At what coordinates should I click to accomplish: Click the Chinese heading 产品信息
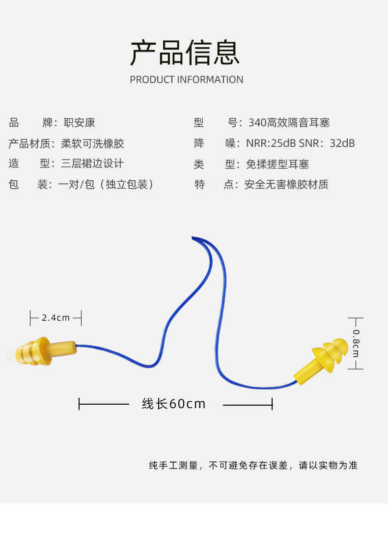click(x=185, y=53)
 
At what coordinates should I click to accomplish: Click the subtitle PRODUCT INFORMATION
click(x=186, y=80)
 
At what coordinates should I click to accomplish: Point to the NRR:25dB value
click(x=271, y=143)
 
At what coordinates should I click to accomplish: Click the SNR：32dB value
click(x=327, y=143)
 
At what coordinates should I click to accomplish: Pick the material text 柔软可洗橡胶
click(x=92, y=143)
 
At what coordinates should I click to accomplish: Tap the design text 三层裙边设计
click(x=92, y=164)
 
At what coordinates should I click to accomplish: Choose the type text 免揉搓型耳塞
click(x=277, y=164)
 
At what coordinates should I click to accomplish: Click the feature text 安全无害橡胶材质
click(x=286, y=185)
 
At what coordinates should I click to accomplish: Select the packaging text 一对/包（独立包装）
click(x=106, y=185)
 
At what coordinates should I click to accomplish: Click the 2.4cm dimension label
click(x=55, y=318)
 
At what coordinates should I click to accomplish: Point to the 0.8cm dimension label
click(x=356, y=343)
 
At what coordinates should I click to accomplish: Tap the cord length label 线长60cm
click(x=174, y=404)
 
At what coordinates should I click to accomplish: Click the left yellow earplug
click(x=44, y=352)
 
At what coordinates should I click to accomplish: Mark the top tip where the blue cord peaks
click(x=193, y=238)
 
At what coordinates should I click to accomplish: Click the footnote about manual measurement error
click(x=253, y=465)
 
